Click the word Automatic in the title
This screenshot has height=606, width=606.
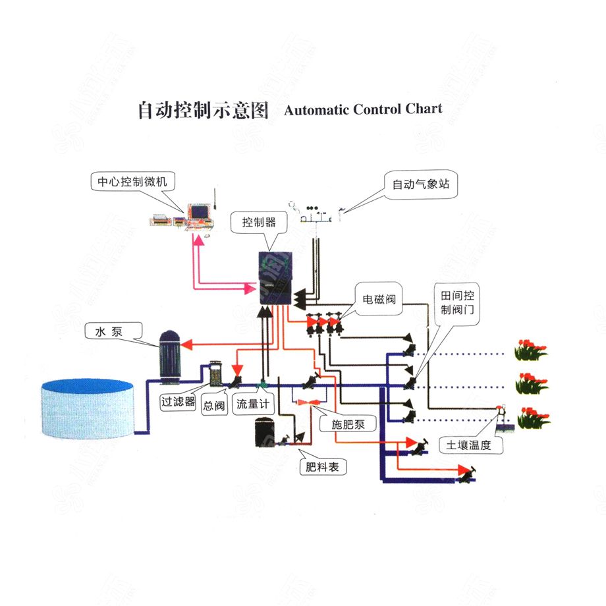316,109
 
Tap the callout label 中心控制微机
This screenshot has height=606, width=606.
132,182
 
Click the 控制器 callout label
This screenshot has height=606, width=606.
259,222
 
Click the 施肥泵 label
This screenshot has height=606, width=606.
348,426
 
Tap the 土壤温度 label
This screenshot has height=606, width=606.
469,445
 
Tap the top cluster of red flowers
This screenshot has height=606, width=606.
531,349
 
